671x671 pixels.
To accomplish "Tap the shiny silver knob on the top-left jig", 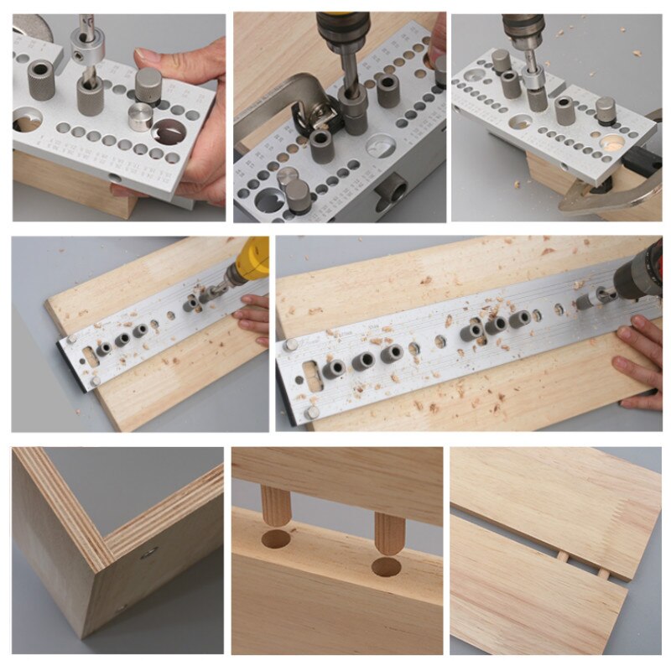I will click(141, 116).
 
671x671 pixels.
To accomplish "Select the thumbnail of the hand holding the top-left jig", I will click(118, 117).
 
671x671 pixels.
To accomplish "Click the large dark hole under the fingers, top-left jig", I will click(169, 131).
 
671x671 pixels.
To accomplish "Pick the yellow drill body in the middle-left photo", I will click(251, 259).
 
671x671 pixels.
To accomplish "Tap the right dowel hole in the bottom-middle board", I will click(387, 567).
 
